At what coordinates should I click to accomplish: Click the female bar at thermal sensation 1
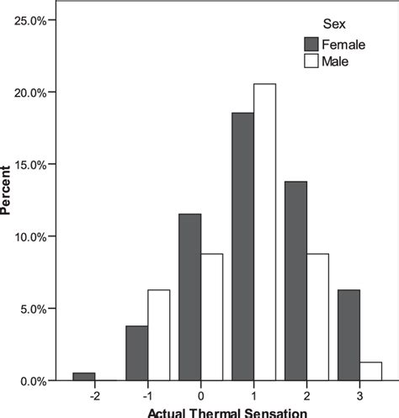tap(242, 247)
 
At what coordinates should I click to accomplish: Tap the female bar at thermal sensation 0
tap(189, 298)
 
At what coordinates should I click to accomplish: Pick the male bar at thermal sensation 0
tap(212, 318)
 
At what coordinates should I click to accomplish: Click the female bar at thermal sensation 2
tap(295, 281)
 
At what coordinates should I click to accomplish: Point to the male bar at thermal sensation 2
tap(317, 318)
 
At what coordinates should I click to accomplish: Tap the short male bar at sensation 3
tap(370, 372)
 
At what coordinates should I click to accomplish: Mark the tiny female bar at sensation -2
tap(83, 377)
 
